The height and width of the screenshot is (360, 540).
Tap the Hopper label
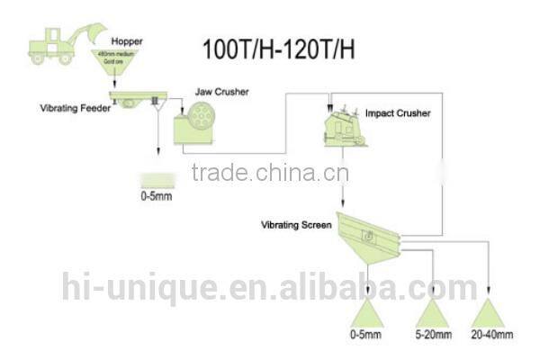[126, 41]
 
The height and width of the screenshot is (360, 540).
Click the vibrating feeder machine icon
[130, 97]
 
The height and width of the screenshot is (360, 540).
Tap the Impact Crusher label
[398, 113]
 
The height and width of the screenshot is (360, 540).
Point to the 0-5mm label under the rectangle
[156, 196]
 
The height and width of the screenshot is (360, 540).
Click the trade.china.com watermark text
[272, 172]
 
